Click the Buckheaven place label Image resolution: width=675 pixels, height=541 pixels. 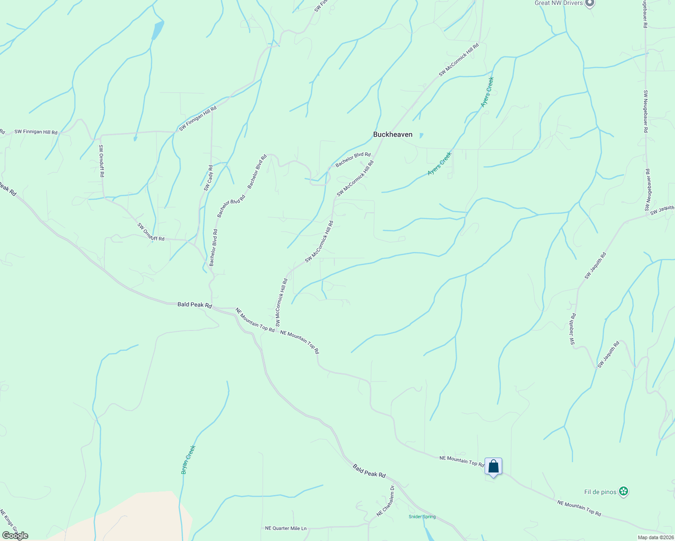[x=393, y=134]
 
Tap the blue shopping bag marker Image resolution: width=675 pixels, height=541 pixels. [x=493, y=467]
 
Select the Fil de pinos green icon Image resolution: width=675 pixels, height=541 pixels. [x=624, y=492]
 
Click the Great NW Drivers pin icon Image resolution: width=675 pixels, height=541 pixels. [x=589, y=4]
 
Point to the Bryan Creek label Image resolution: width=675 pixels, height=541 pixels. [x=188, y=459]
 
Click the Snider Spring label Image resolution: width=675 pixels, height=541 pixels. [x=422, y=517]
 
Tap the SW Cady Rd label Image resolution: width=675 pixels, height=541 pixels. [x=208, y=178]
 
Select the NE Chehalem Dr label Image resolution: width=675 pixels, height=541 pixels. [x=386, y=501]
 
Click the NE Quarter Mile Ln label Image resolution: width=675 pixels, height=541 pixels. [x=286, y=528]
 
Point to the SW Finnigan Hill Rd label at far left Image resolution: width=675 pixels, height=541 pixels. [x=36, y=132]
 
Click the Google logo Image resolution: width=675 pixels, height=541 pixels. [x=15, y=536]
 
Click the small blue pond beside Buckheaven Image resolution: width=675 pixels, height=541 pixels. [x=421, y=135]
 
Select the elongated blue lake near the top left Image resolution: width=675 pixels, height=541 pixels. [x=157, y=30]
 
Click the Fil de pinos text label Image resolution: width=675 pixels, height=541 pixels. [x=600, y=492]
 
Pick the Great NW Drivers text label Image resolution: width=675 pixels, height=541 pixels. [x=559, y=3]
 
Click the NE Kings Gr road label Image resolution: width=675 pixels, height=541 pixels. [x=9, y=521]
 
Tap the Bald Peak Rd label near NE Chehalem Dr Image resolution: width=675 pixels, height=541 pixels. [x=369, y=471]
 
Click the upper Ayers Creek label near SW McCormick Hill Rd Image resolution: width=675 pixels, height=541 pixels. [x=487, y=92]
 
